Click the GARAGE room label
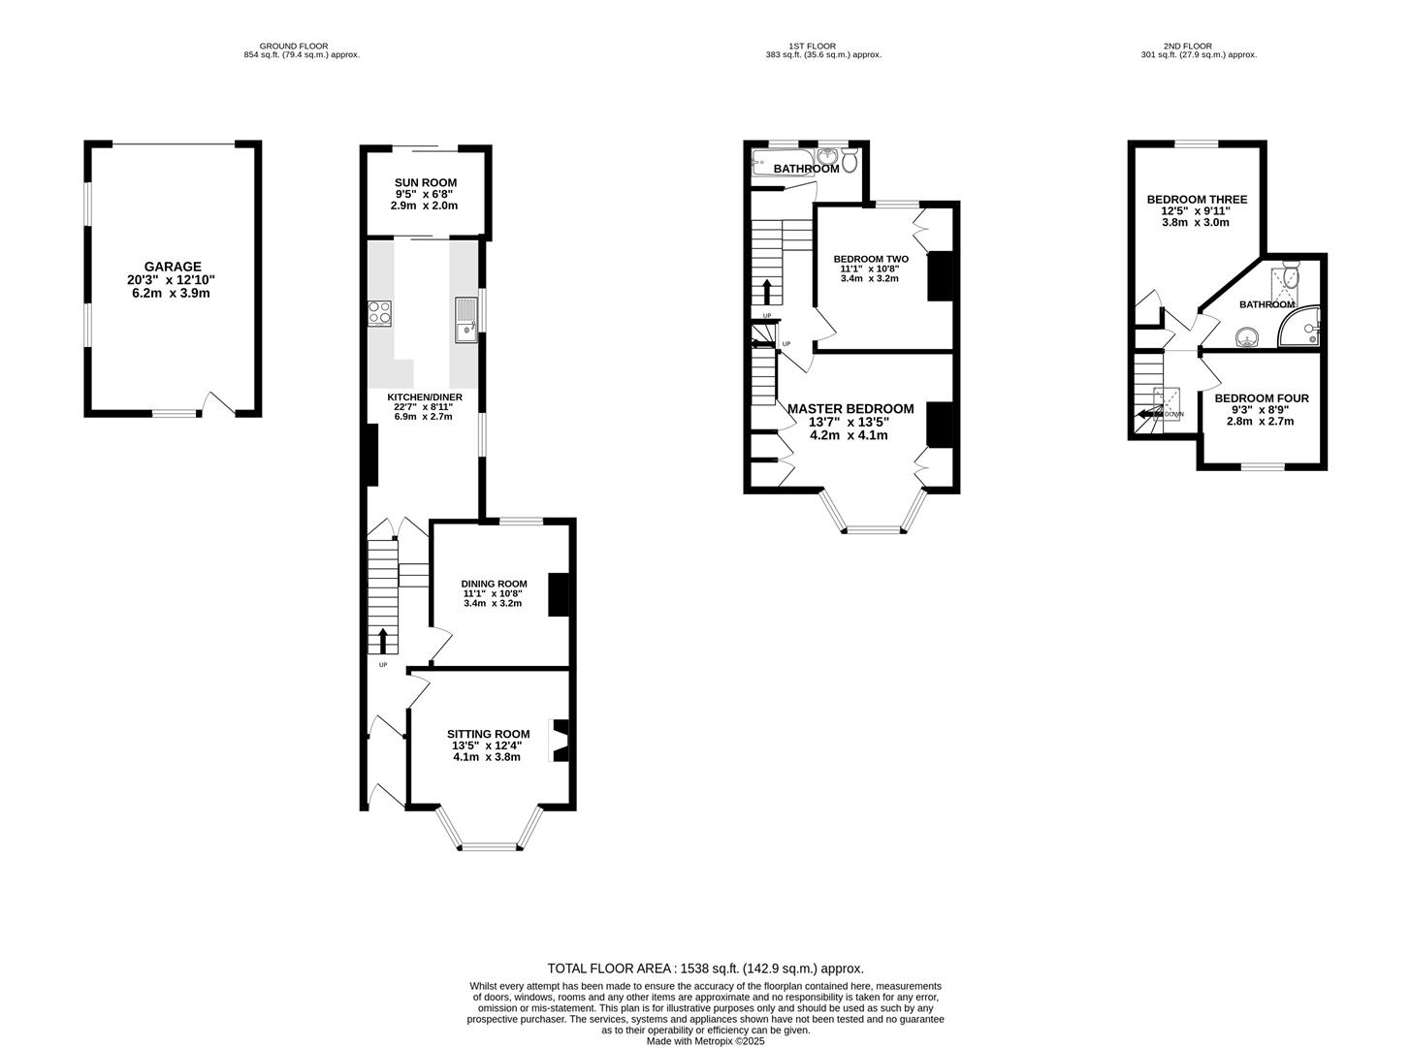(173, 267)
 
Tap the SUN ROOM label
(425, 183)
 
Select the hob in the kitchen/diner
(379, 312)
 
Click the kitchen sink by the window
(465, 320)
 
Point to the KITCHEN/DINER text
(425, 397)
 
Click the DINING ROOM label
(494, 584)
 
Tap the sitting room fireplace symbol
(561, 741)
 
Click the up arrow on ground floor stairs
(383, 640)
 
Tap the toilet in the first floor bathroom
(850, 161)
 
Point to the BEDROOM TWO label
(871, 259)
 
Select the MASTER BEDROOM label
(850, 409)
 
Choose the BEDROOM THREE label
(1196, 200)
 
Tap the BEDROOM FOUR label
(1261, 398)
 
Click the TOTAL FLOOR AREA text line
(705, 968)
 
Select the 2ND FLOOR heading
(1199, 46)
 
